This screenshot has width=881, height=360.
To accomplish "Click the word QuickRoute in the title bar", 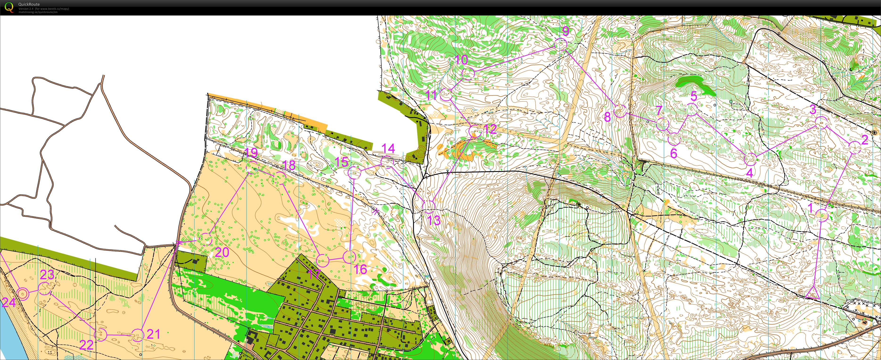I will pos(29,4).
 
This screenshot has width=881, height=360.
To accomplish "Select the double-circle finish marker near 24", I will pos(23,293).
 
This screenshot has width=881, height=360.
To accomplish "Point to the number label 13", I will pos(434,220).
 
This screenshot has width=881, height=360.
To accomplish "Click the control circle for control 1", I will pos(821,215).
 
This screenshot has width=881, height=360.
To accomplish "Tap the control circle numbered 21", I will pos(137,335).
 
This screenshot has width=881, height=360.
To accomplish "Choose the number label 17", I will pos(314,274).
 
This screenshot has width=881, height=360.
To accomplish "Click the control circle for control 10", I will pos(468,74).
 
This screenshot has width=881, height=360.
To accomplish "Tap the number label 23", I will pos(47,274).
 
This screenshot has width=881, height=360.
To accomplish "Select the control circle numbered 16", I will pos(349,257).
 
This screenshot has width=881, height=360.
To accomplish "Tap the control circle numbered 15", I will pos(354,173).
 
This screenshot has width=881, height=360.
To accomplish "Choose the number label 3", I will pos(813,109).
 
